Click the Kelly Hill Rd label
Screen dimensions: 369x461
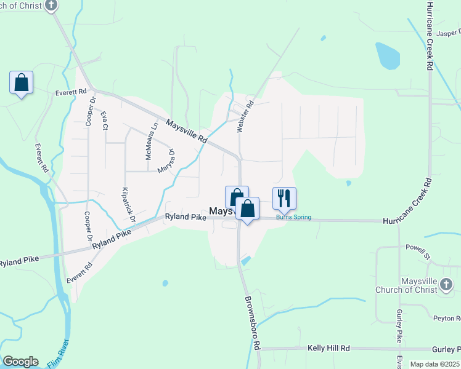click(329, 349)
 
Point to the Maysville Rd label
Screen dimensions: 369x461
click(186, 131)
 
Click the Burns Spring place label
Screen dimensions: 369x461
click(293, 218)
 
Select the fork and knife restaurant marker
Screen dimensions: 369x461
click(284, 198)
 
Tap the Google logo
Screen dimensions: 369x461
click(20, 362)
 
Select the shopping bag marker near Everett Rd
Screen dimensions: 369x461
click(21, 82)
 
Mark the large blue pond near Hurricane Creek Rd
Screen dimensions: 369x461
click(388, 56)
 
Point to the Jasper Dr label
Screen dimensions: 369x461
click(448, 33)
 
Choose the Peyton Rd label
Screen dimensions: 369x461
click(446, 318)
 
